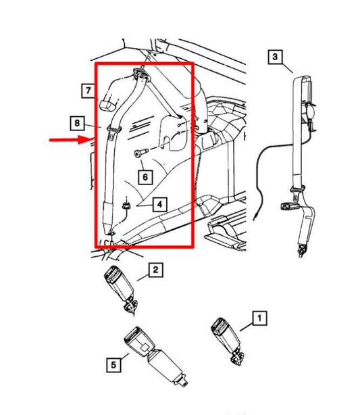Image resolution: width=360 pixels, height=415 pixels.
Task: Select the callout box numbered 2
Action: [155, 270]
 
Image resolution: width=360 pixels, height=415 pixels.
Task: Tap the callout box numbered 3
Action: [274, 57]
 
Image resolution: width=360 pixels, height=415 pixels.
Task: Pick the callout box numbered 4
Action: [159, 203]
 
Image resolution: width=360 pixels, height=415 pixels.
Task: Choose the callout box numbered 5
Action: [112, 365]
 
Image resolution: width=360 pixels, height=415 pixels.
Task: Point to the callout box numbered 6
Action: [145, 177]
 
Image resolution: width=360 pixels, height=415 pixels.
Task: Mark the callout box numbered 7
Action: [88, 89]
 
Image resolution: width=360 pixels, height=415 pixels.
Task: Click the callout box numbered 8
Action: [78, 123]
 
